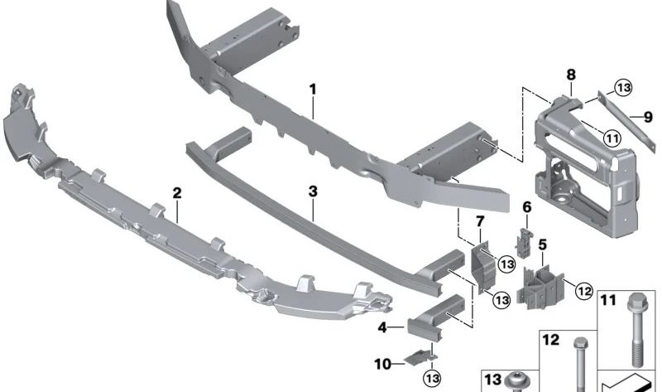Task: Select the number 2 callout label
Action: (x=176, y=192)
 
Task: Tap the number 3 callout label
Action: (x=312, y=191)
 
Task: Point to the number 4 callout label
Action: (x=382, y=327)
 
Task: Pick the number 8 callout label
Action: (x=570, y=75)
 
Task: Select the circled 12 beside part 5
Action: (x=583, y=290)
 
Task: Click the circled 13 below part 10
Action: (x=430, y=378)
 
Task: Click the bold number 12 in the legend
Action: (x=551, y=339)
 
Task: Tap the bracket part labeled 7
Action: (x=481, y=263)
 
